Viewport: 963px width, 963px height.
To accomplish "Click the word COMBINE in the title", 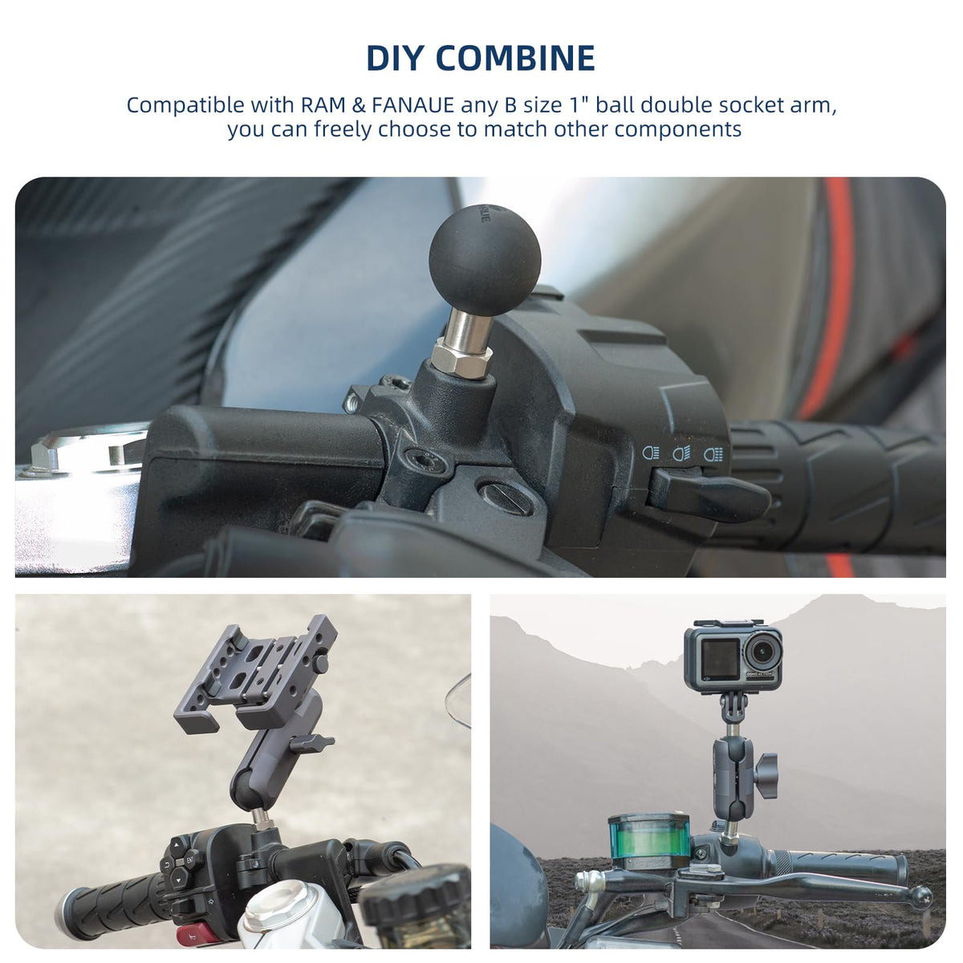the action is tap(518, 59).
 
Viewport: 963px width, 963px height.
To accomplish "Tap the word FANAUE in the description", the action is tap(412, 105).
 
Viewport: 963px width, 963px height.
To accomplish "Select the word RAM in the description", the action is tap(321, 105).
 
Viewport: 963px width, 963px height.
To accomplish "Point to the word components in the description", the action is tap(678, 130).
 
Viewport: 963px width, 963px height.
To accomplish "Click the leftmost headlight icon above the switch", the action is tap(650, 453).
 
